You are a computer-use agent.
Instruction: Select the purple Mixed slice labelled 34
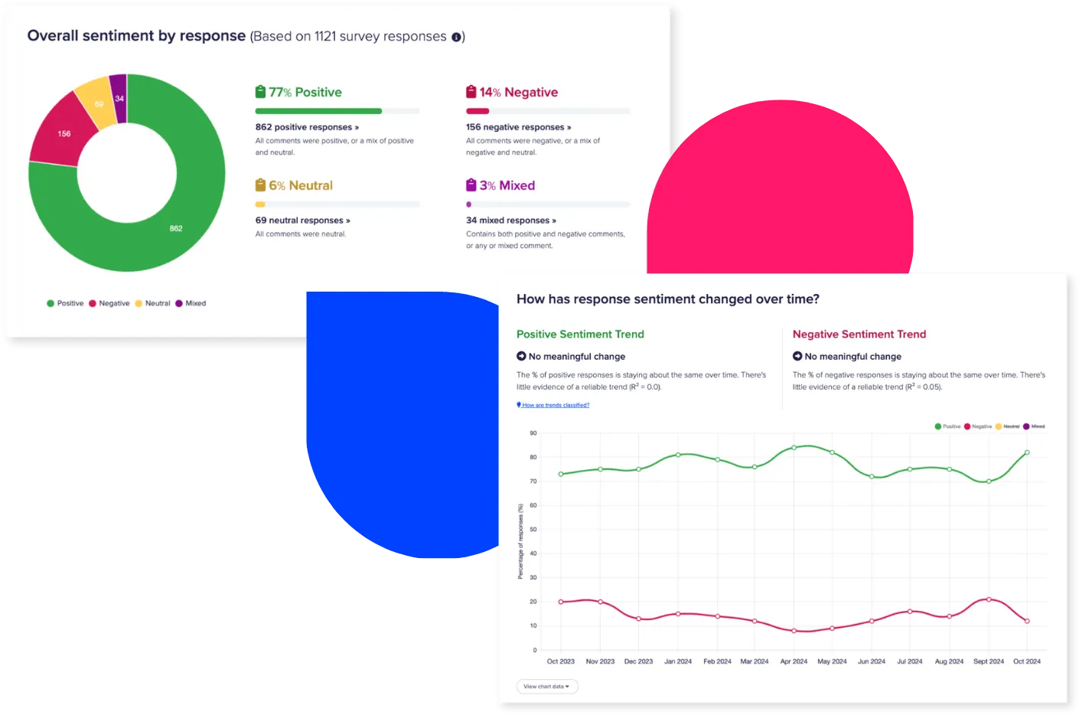coord(119,98)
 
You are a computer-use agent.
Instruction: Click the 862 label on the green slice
coord(176,228)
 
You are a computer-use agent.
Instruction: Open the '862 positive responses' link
coord(306,127)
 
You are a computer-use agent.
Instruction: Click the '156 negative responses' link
coord(518,127)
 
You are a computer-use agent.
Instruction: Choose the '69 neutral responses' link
coord(302,220)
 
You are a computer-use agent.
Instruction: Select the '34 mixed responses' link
coord(510,220)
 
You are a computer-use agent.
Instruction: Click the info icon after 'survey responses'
coord(456,37)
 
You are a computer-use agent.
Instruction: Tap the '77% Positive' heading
coord(305,92)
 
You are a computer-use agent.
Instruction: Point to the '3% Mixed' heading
coord(507,185)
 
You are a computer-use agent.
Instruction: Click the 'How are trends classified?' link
coord(555,405)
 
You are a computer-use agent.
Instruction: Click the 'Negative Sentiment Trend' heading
coord(859,335)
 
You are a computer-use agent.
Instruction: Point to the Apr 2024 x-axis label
coord(794,661)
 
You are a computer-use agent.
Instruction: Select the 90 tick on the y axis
coord(533,433)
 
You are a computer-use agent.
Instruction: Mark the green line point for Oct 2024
coord(1027,452)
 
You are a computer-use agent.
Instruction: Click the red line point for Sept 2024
coord(989,599)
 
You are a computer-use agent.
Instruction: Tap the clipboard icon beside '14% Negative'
coord(471,92)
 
